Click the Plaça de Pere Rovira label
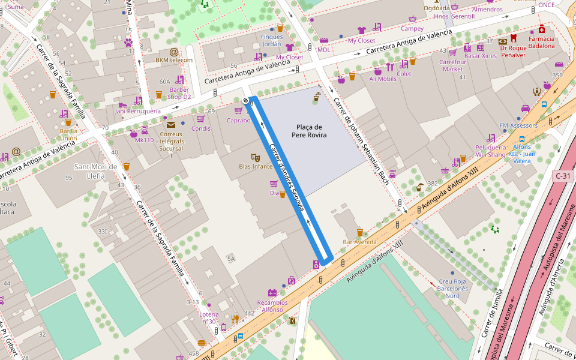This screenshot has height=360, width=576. (x=309, y=131)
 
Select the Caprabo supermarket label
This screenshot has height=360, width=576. (x=238, y=120)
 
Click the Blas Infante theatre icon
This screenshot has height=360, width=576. (x=256, y=158)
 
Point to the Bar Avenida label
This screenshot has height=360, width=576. (x=359, y=242)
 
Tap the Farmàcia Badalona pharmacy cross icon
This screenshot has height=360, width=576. (x=542, y=29)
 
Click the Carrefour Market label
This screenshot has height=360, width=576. (x=452, y=65)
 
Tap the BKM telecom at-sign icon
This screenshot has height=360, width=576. (x=174, y=52)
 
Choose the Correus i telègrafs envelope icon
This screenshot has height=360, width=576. (x=171, y=125)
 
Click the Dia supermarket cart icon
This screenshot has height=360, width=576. (x=274, y=184)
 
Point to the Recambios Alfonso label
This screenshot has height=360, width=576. (x=272, y=306)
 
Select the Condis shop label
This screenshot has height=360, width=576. (x=200, y=128)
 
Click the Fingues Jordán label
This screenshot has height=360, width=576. (x=271, y=40)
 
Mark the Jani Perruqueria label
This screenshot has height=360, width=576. (x=137, y=111)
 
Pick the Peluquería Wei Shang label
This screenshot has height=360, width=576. (x=491, y=151)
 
